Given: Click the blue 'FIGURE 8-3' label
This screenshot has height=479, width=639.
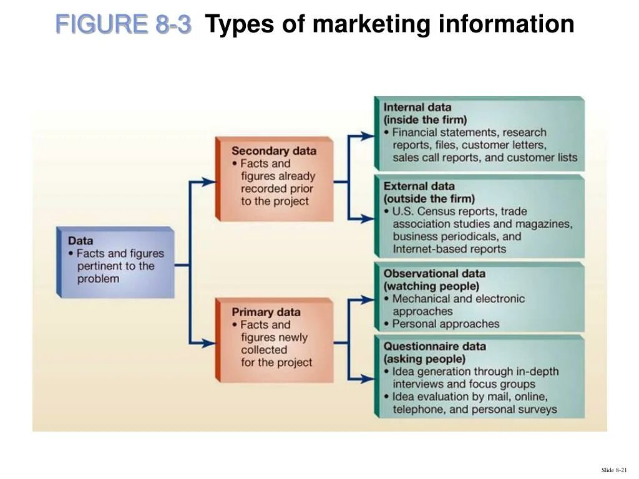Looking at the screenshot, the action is (123, 24).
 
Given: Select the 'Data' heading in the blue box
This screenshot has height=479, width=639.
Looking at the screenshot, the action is (80, 241).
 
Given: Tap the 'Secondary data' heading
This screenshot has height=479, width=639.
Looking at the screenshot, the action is (273, 151).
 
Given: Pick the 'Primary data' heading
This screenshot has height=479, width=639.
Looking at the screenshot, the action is (266, 312).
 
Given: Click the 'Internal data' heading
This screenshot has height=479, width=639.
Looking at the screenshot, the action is (417, 107).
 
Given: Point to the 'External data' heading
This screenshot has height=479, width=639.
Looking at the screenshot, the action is (419, 186).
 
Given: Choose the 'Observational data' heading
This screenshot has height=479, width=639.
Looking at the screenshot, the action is (434, 273).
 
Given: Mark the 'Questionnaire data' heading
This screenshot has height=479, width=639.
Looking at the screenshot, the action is (434, 346).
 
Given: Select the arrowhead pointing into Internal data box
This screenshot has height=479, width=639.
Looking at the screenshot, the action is (369, 135).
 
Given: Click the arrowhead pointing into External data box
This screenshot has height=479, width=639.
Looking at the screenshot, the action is (369, 219).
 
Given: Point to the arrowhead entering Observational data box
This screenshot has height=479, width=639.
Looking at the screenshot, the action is (369, 300).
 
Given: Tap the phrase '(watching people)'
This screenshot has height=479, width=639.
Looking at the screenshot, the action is (431, 286).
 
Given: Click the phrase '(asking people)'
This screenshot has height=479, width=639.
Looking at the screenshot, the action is (424, 359).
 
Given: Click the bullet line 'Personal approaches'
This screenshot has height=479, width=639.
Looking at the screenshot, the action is (446, 324).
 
